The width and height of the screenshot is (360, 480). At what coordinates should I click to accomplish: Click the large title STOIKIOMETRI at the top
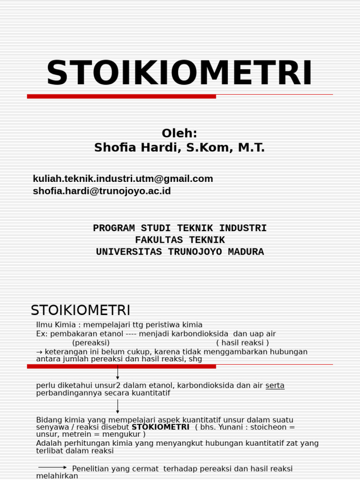point(180,74)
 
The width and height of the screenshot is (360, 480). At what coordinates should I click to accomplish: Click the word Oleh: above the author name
point(180,134)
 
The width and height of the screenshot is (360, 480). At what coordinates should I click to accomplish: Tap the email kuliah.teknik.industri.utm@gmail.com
point(123,179)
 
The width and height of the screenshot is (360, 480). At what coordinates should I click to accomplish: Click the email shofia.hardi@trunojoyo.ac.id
point(102,191)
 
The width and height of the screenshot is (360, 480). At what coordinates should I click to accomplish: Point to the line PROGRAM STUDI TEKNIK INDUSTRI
point(180,228)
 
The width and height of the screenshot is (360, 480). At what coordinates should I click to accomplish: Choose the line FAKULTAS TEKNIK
point(180,240)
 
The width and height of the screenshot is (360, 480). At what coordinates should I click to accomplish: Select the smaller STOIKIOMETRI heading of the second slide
point(80,310)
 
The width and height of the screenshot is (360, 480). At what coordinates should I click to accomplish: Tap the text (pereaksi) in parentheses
point(91,343)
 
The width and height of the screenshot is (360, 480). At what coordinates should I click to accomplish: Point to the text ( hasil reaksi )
point(242,343)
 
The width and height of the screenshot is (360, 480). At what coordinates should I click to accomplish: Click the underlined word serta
point(275,385)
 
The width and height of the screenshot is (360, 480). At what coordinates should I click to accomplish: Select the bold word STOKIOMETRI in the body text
point(160,427)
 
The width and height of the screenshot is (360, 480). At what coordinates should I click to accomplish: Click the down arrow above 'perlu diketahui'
point(118,373)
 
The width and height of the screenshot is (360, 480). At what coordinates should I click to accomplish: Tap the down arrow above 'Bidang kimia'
point(118,406)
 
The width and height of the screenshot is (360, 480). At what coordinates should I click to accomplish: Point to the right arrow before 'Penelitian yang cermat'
point(52,467)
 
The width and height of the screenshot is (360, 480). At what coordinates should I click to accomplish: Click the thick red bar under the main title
point(121,96)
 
